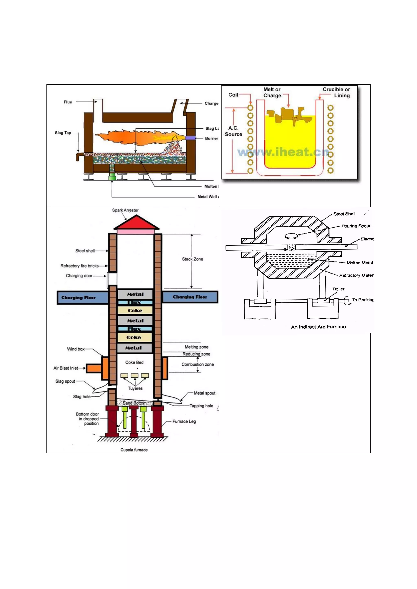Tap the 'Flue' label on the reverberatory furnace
tap(68, 102)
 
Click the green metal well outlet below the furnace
tap(112, 177)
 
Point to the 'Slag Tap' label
tap(63, 133)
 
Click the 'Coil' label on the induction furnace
tap(233, 95)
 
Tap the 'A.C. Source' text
tap(233, 131)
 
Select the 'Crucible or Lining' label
tap(336, 92)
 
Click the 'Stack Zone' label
tap(193, 259)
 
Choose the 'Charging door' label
tap(79, 276)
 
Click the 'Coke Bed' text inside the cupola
tap(134, 362)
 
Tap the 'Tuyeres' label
tap(135, 388)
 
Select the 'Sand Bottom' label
tap(135, 403)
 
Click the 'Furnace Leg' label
tap(184, 421)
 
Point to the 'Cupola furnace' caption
tap(134, 450)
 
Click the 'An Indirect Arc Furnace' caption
tap(318, 327)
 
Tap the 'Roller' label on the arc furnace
tap(338, 289)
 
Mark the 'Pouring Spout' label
tap(356, 226)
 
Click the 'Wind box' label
tap(76, 349)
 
